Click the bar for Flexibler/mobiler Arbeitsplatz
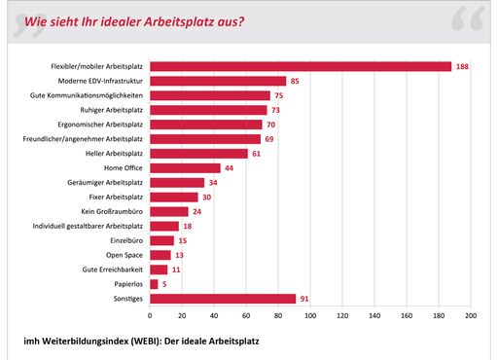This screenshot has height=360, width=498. (x=301, y=66)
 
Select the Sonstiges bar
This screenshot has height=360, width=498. (x=223, y=299)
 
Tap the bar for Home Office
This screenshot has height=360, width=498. (x=185, y=168)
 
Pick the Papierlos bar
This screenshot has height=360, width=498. (x=154, y=284)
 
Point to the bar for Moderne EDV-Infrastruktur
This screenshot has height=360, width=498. (x=218, y=81)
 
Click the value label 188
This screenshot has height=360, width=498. (x=463, y=66)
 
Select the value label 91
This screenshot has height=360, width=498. (x=306, y=299)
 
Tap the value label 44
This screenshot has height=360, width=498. (x=231, y=168)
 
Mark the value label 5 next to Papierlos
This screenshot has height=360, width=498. (x=164, y=284)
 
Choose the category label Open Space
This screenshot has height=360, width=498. (x=123, y=255)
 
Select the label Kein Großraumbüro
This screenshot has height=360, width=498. (x=110, y=211)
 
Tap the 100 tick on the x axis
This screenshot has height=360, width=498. (x=310, y=316)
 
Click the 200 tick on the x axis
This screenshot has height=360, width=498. (x=470, y=316)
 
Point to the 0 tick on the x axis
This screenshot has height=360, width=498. (x=150, y=316)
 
